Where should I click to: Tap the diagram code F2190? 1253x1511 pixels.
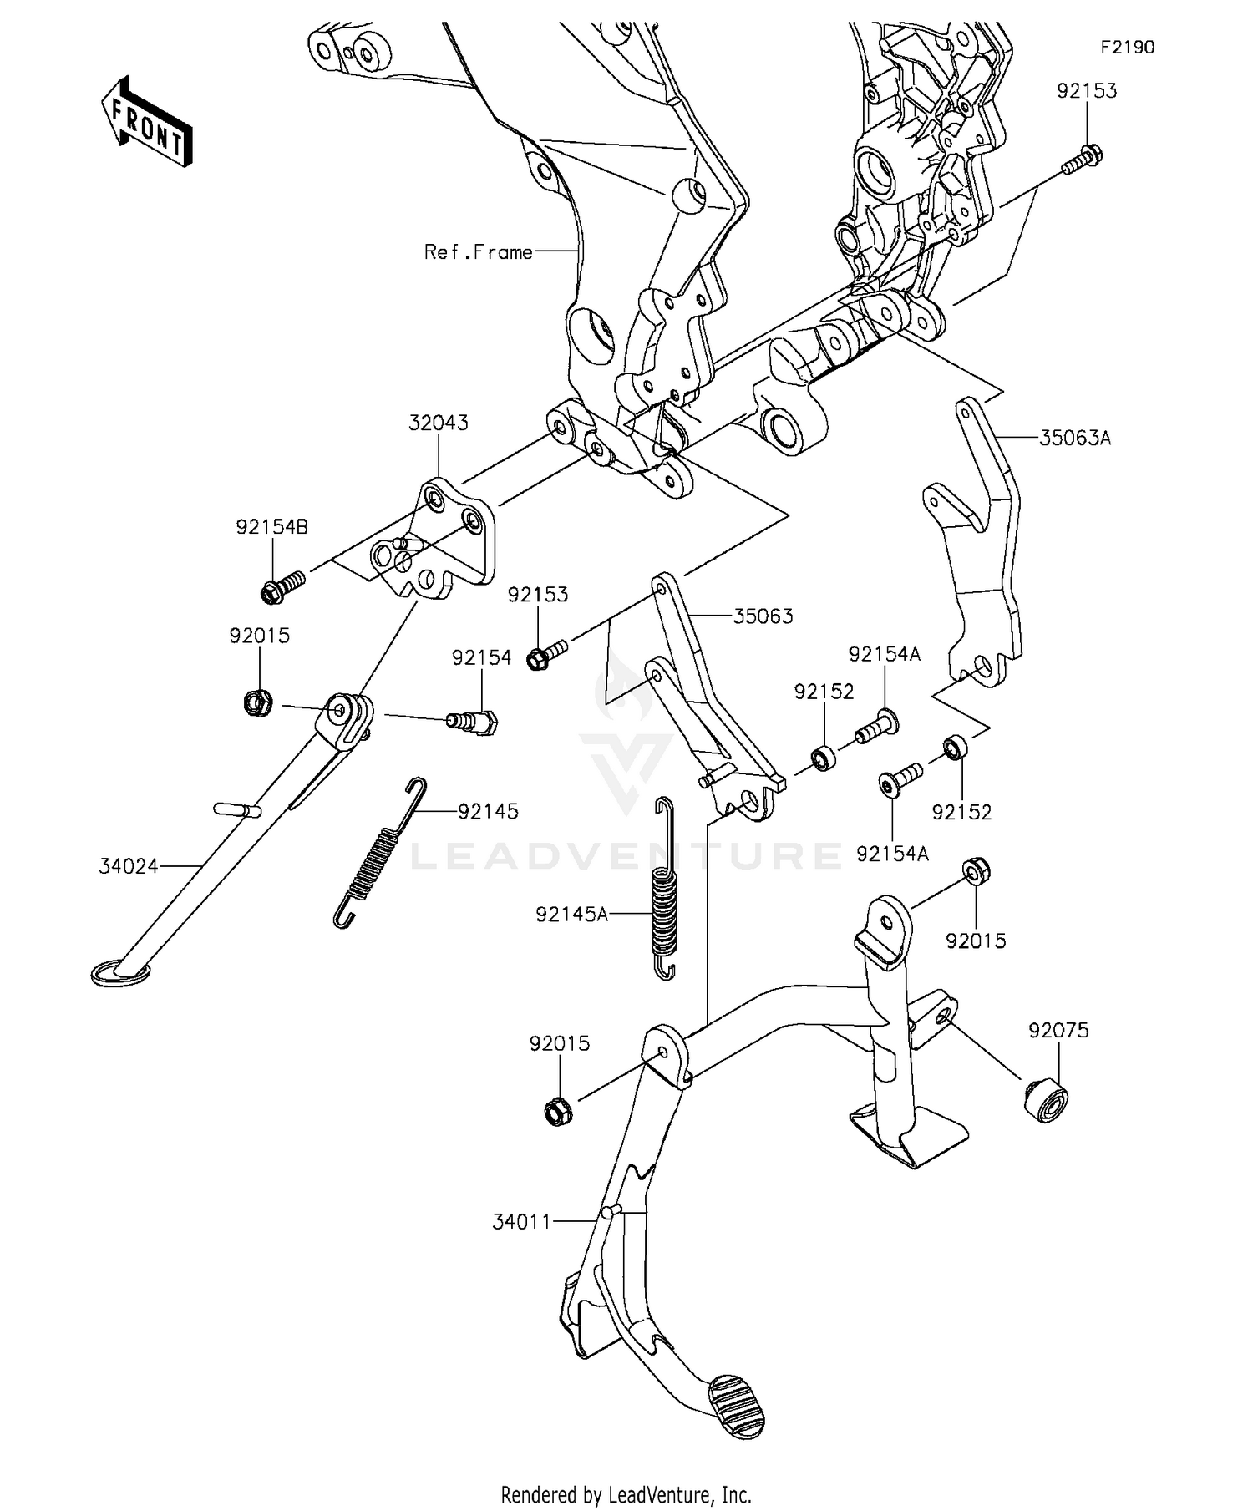point(1127,48)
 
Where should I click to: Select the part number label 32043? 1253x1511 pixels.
point(439,423)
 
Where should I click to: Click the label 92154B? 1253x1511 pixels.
point(272,527)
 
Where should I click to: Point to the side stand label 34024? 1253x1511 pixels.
point(129,866)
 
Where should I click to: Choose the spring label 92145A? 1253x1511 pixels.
point(572,914)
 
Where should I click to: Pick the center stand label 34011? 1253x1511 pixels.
point(522,1221)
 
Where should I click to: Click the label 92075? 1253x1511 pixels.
point(1058,1030)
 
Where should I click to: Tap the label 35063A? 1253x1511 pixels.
point(1075,438)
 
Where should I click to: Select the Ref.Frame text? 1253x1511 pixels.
point(479,251)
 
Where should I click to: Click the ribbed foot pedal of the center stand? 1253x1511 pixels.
point(736,1407)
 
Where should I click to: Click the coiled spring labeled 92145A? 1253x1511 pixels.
point(664,888)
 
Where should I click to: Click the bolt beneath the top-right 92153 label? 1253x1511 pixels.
point(1082,160)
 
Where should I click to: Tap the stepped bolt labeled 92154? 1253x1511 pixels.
point(474,720)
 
